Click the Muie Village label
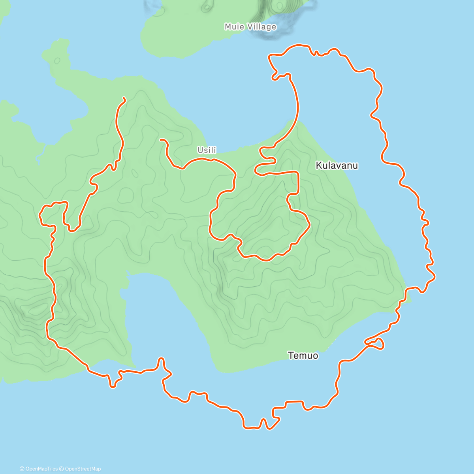coord(250,27)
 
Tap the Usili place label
coord(207,150)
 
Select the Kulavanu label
coord(337,166)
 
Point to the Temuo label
coord(303,355)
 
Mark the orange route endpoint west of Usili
coord(160,139)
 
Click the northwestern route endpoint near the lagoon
coord(124,98)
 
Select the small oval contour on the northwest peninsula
coord(57,61)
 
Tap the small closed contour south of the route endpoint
coord(134,173)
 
